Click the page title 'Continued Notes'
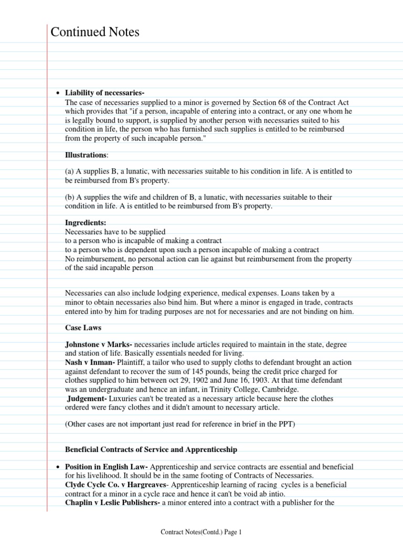95,33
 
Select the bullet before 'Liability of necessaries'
58,93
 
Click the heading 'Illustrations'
86,155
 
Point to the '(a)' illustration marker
70,171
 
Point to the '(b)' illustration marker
70,197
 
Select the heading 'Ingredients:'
86,222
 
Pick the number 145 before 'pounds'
184,371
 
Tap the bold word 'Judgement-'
88,399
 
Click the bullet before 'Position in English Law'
58,467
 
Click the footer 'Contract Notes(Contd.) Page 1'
201,532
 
